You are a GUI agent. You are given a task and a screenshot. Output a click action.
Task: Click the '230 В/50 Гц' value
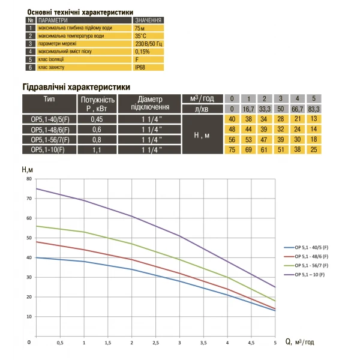(146, 44)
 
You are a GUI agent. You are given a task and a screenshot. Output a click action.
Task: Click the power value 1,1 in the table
(96, 149)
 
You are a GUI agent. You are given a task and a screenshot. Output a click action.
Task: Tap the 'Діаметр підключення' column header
(149, 103)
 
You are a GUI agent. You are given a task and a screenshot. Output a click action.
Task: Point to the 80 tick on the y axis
(29, 179)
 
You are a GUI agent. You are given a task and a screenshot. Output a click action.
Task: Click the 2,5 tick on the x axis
(155, 343)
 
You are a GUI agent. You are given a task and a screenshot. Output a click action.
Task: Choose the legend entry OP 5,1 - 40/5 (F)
(308, 247)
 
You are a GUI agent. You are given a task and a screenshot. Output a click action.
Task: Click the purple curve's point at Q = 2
(131, 216)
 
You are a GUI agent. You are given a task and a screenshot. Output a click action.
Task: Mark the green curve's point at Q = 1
(84, 232)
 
